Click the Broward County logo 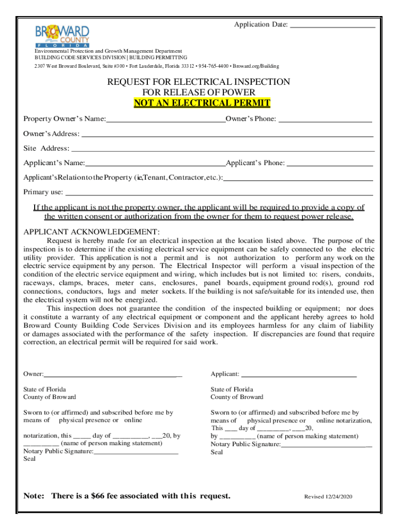pos(62,36)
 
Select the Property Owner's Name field pos(165,121)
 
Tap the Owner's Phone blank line pos(325,121)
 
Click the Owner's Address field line pos(227,136)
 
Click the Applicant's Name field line pos(155,165)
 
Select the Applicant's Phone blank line pos(330,165)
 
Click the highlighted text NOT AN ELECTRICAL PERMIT pos(202,103)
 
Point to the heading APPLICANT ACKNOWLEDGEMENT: pos(91,231)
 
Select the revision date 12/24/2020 pos(339,497)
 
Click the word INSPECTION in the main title pos(258,82)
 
